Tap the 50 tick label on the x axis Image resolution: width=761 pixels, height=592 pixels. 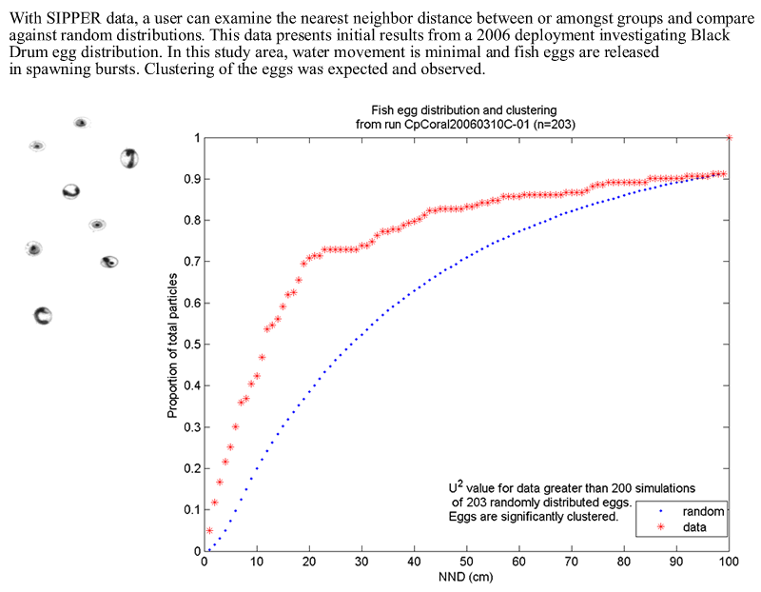click(x=466, y=562)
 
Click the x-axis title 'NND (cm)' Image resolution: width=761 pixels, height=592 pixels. click(x=465, y=577)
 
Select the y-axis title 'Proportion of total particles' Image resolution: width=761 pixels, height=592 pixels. click(x=173, y=345)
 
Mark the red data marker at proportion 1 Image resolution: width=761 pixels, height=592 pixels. click(x=729, y=138)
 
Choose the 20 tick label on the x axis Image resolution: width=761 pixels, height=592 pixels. click(x=309, y=562)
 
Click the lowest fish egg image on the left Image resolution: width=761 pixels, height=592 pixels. click(x=42, y=316)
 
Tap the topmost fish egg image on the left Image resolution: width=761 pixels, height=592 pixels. click(x=81, y=122)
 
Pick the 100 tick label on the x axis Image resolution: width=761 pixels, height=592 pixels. click(x=728, y=562)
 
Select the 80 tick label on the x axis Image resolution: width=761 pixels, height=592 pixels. click(x=623, y=562)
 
